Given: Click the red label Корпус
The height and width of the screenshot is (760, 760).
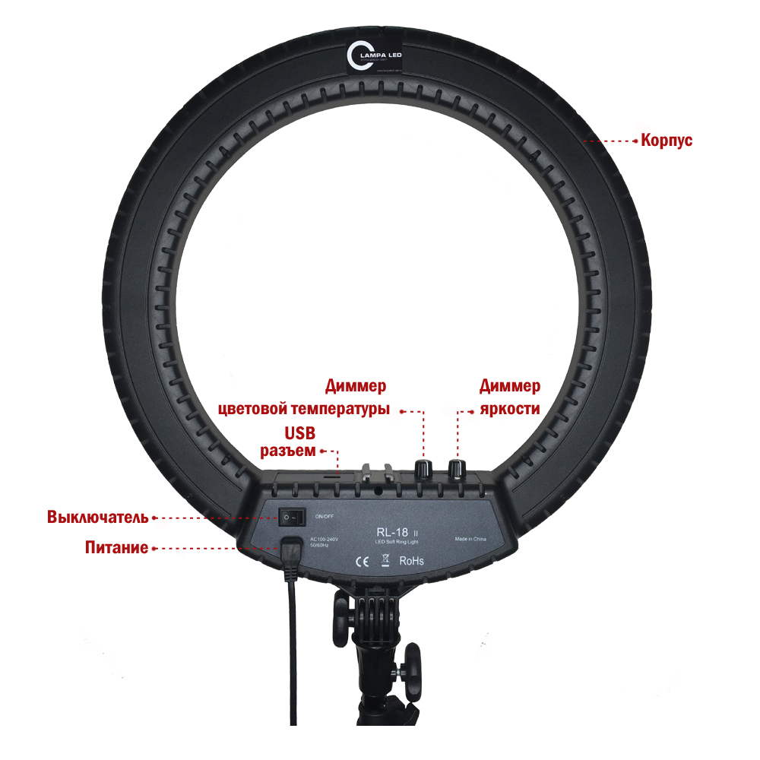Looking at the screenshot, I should coord(667,141).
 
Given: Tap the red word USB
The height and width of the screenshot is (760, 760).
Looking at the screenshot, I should coord(299,433).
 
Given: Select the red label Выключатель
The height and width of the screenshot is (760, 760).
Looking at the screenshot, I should coord(97,518).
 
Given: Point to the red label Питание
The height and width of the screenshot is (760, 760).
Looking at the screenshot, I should coord(116,547).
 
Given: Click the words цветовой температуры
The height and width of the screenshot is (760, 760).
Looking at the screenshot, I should coord(304,410).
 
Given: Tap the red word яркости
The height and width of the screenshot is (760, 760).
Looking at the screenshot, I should coord(510,409).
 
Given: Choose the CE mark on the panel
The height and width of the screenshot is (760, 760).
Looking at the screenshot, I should coord(363,562).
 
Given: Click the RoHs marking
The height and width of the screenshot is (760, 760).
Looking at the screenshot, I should coord(411,562).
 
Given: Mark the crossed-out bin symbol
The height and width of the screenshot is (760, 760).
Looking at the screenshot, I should coord(385,561).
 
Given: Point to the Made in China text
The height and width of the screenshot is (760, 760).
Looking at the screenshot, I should coord(470,539).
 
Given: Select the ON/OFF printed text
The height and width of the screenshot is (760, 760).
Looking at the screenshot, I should coord(324,517).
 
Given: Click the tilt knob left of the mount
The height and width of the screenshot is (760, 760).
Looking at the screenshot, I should coord(339,622).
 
